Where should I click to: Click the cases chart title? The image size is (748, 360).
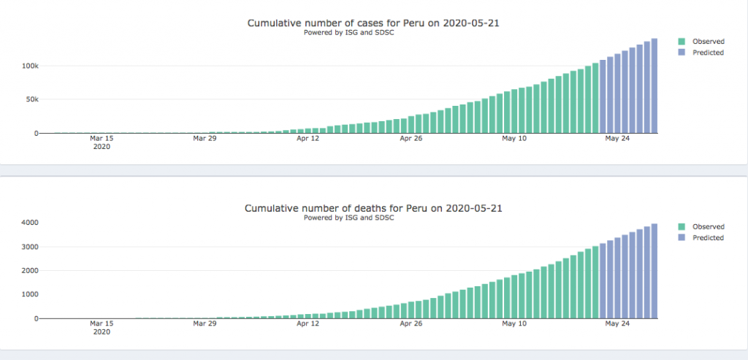373,23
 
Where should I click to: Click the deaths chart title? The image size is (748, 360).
373,209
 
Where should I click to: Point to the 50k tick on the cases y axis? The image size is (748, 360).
30,99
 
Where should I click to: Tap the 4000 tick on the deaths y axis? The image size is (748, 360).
28,223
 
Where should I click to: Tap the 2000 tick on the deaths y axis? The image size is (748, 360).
28,271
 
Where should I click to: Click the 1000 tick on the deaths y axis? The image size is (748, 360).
28,295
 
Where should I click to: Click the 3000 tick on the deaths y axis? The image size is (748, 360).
28,247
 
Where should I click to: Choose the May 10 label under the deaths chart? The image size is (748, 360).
514,323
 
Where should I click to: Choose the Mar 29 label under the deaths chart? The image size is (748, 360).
205,323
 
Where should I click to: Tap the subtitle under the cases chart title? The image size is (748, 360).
348,33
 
